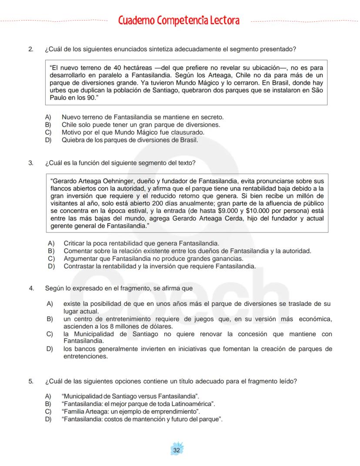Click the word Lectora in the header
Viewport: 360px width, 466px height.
click(222, 20)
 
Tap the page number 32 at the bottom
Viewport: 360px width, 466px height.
click(177, 450)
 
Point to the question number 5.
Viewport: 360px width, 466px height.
click(30, 381)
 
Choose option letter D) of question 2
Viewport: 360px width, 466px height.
click(48, 140)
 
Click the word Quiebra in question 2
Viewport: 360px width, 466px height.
click(73, 140)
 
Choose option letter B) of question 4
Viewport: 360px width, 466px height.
click(50, 319)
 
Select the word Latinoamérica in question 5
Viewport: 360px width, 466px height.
click(193, 403)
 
